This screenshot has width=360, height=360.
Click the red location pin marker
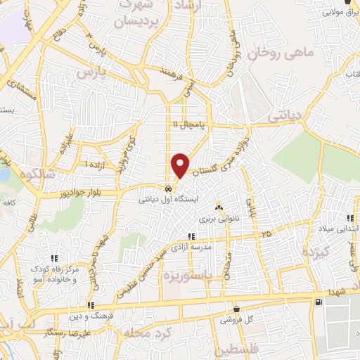click(181, 165)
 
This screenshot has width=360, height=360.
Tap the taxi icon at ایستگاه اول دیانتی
click(167, 189)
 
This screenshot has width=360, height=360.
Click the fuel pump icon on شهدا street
click(321, 302)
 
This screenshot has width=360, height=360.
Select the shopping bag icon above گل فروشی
click(236, 309)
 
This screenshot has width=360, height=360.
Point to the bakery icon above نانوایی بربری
click(219, 207)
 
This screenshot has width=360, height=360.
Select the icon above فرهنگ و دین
click(90, 305)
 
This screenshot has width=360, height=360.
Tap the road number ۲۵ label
click(265, 233)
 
